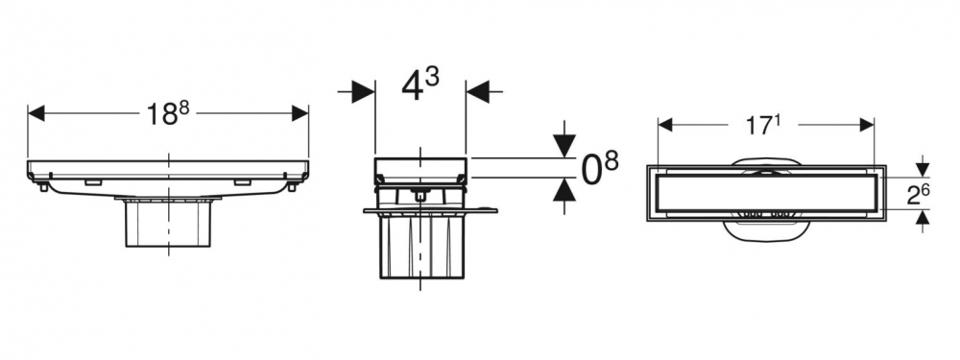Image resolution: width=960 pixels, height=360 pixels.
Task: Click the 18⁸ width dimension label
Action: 168,114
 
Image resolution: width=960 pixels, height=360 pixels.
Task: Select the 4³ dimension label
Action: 420,85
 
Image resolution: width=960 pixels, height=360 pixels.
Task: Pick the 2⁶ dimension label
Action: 919,196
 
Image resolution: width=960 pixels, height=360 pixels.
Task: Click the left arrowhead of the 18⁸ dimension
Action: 36,113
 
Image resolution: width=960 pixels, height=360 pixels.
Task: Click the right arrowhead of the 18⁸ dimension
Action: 300,113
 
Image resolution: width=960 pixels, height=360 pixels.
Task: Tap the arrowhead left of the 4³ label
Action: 364,92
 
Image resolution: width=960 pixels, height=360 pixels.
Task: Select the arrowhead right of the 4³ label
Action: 477,92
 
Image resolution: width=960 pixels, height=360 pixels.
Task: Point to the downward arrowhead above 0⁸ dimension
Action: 564,147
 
